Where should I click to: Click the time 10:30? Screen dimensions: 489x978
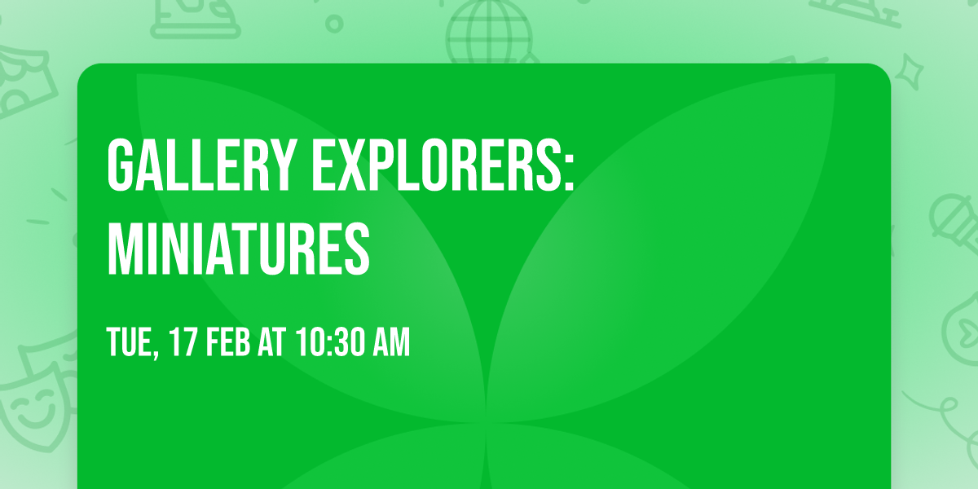331,343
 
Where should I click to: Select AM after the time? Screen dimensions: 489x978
390,343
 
